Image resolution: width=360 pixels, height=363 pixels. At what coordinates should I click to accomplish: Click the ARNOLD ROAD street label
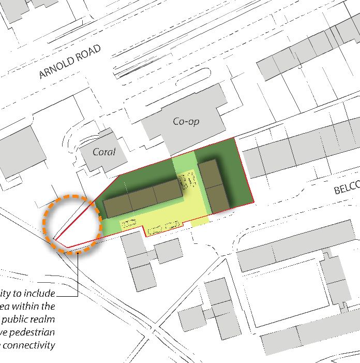[70, 62]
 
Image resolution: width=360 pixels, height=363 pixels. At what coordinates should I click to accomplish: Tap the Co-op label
[186, 122]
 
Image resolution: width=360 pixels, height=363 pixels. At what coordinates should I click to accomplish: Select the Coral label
[103, 152]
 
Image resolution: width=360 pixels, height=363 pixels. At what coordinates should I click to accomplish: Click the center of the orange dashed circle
[72, 225]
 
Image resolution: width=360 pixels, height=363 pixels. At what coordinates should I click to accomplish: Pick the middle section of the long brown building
[142, 198]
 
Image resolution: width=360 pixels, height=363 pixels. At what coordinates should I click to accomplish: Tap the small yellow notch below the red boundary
[200, 223]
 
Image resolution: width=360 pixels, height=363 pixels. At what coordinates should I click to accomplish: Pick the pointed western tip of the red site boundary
[55, 241]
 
